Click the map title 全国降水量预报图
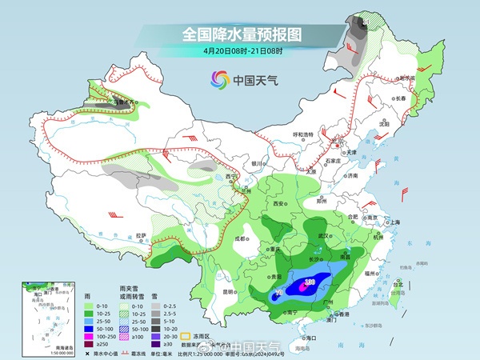(x=240, y=34)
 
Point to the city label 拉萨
(x=142, y=234)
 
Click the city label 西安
(x=279, y=204)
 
